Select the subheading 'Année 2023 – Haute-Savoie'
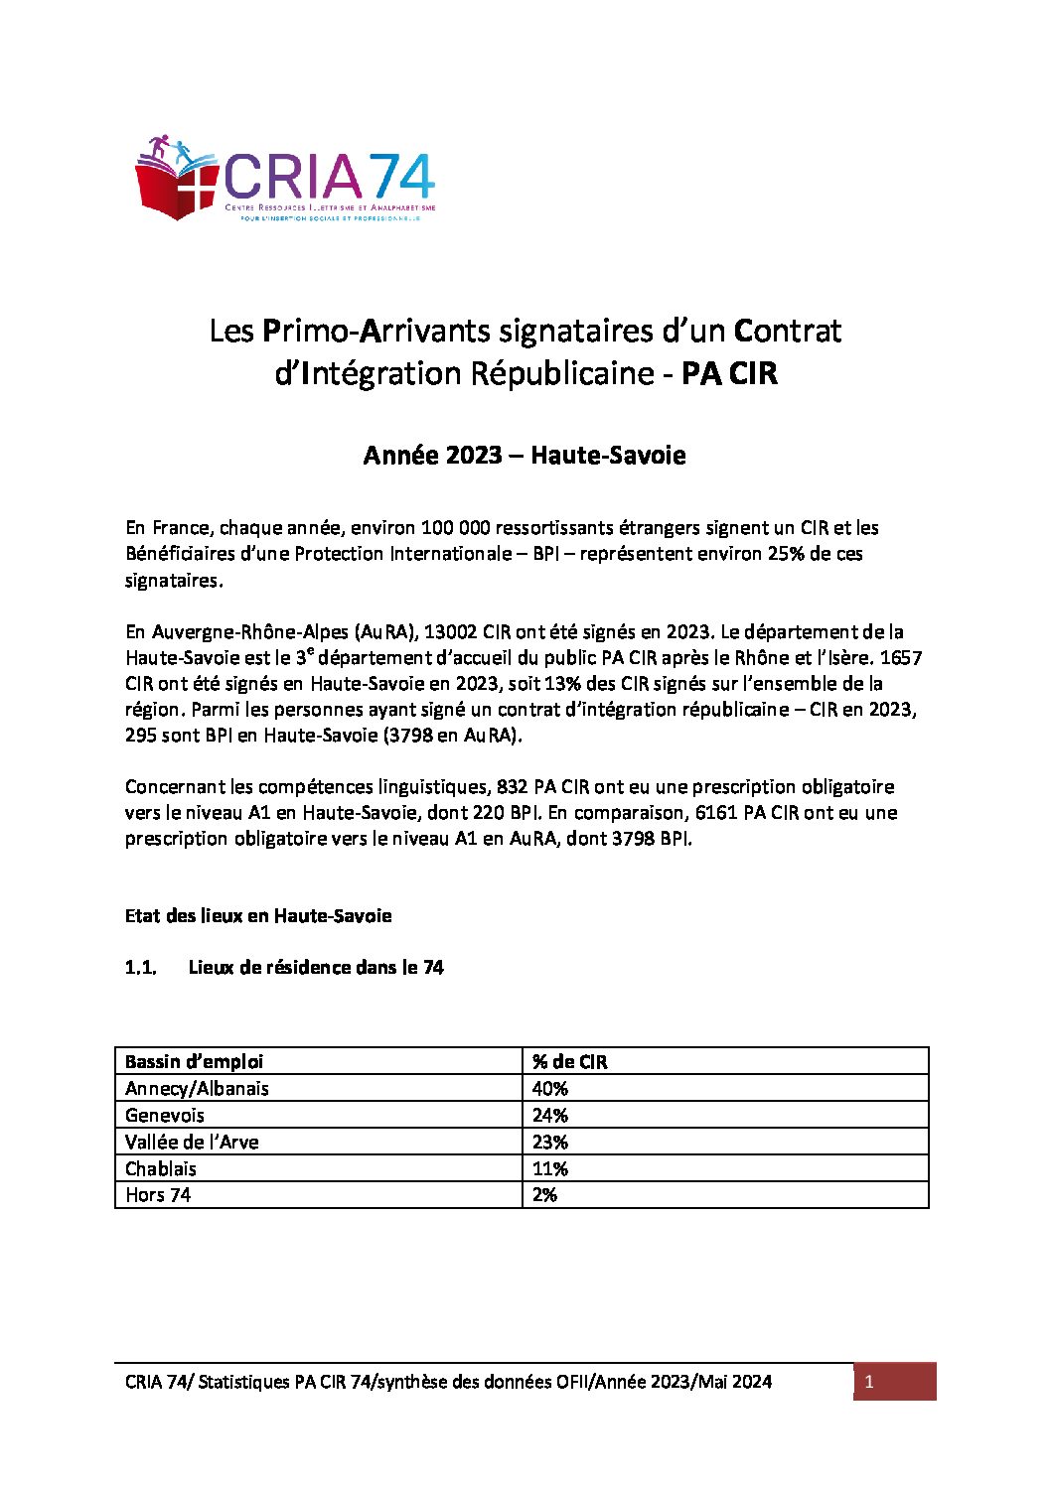525,456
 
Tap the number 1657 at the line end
901,658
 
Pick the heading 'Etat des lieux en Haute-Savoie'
258,916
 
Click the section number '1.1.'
141,968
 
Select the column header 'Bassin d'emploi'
195,1062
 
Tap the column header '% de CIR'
570,1062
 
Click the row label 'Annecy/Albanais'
197,1089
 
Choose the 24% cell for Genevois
550,1116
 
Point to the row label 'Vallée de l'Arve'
192,1143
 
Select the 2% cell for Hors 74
544,1195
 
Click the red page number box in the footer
894,1382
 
